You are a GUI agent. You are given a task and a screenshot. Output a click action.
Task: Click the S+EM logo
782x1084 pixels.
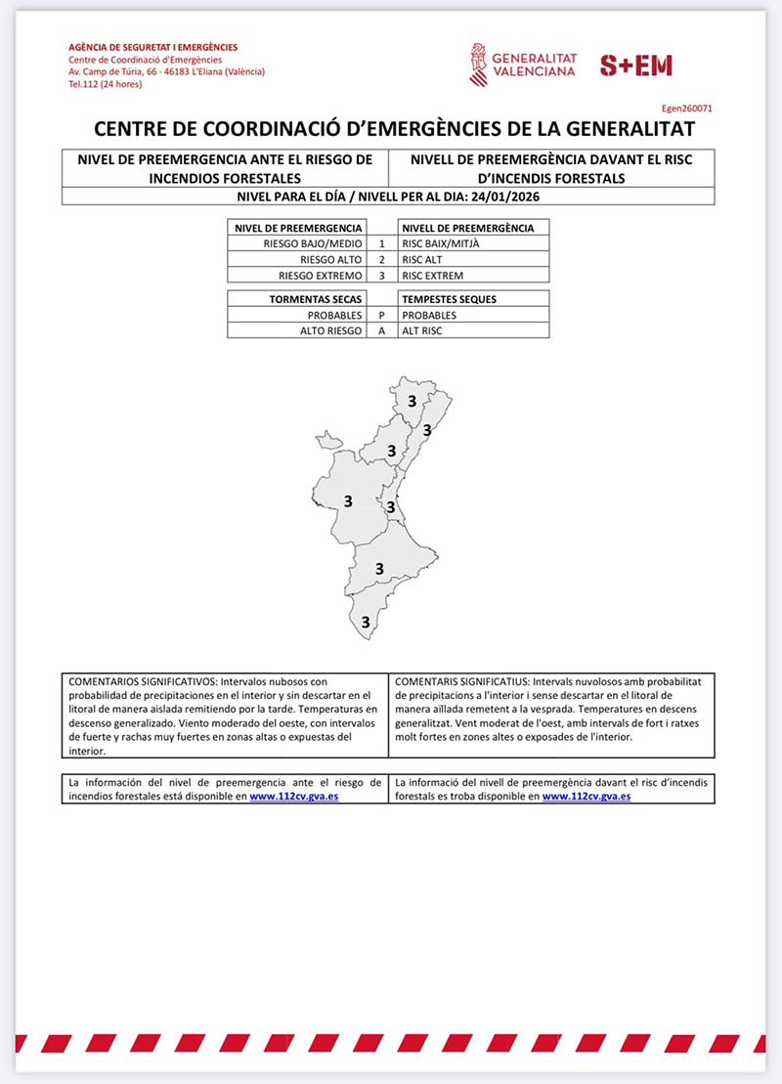[635, 65]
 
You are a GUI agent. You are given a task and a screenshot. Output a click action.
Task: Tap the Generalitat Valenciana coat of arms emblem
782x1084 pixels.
[478, 65]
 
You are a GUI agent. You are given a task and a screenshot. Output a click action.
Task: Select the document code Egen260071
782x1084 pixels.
[689, 109]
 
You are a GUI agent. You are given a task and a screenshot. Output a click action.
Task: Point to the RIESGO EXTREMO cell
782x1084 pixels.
[321, 276]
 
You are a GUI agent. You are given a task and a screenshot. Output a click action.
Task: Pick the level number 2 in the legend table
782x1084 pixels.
[381, 259]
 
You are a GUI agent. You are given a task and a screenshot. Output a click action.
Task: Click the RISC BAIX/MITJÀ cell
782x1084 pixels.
[442, 243]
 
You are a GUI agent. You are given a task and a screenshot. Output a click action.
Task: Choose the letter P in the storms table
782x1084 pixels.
[381, 316]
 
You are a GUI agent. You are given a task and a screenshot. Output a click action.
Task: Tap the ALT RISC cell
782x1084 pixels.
[422, 331]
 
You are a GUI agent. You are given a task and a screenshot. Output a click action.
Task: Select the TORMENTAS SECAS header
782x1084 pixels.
[316, 299]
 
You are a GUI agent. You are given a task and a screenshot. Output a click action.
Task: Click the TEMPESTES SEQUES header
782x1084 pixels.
[449, 299]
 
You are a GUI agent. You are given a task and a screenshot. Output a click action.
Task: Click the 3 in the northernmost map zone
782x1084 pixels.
[413, 401]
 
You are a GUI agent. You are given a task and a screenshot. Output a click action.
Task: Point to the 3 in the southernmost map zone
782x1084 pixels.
[366, 621]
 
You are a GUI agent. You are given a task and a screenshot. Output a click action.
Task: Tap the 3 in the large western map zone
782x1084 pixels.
[347, 501]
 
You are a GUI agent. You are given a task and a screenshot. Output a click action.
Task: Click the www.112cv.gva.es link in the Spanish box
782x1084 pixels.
[294, 796]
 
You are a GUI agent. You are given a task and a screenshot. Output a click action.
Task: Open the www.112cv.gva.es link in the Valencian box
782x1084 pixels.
[586, 796]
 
